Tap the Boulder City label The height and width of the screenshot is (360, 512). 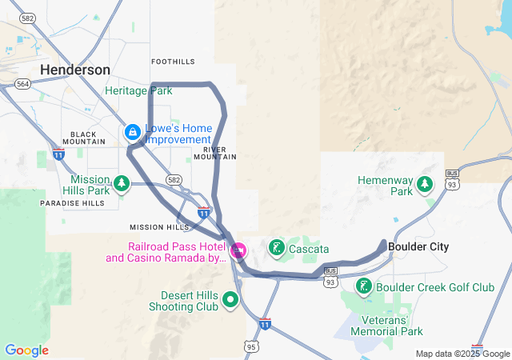[418, 247]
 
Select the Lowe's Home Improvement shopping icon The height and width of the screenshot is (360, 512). [132, 131]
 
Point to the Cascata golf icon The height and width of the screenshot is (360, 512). [277, 248]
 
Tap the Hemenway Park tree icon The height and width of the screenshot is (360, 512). [425, 186]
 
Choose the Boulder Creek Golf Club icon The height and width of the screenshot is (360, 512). [364, 286]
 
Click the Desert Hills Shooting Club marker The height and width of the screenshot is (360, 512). [230, 300]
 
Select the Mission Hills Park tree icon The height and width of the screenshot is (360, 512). [121, 184]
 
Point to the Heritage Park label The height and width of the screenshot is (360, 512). [138, 91]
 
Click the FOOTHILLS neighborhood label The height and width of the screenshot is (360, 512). [173, 62]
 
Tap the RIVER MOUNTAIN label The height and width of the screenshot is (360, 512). [220, 153]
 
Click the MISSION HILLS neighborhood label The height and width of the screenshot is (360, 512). [159, 227]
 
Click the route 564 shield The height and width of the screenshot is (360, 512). [22, 83]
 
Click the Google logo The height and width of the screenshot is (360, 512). [26, 350]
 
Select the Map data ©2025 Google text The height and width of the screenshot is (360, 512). [462, 354]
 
